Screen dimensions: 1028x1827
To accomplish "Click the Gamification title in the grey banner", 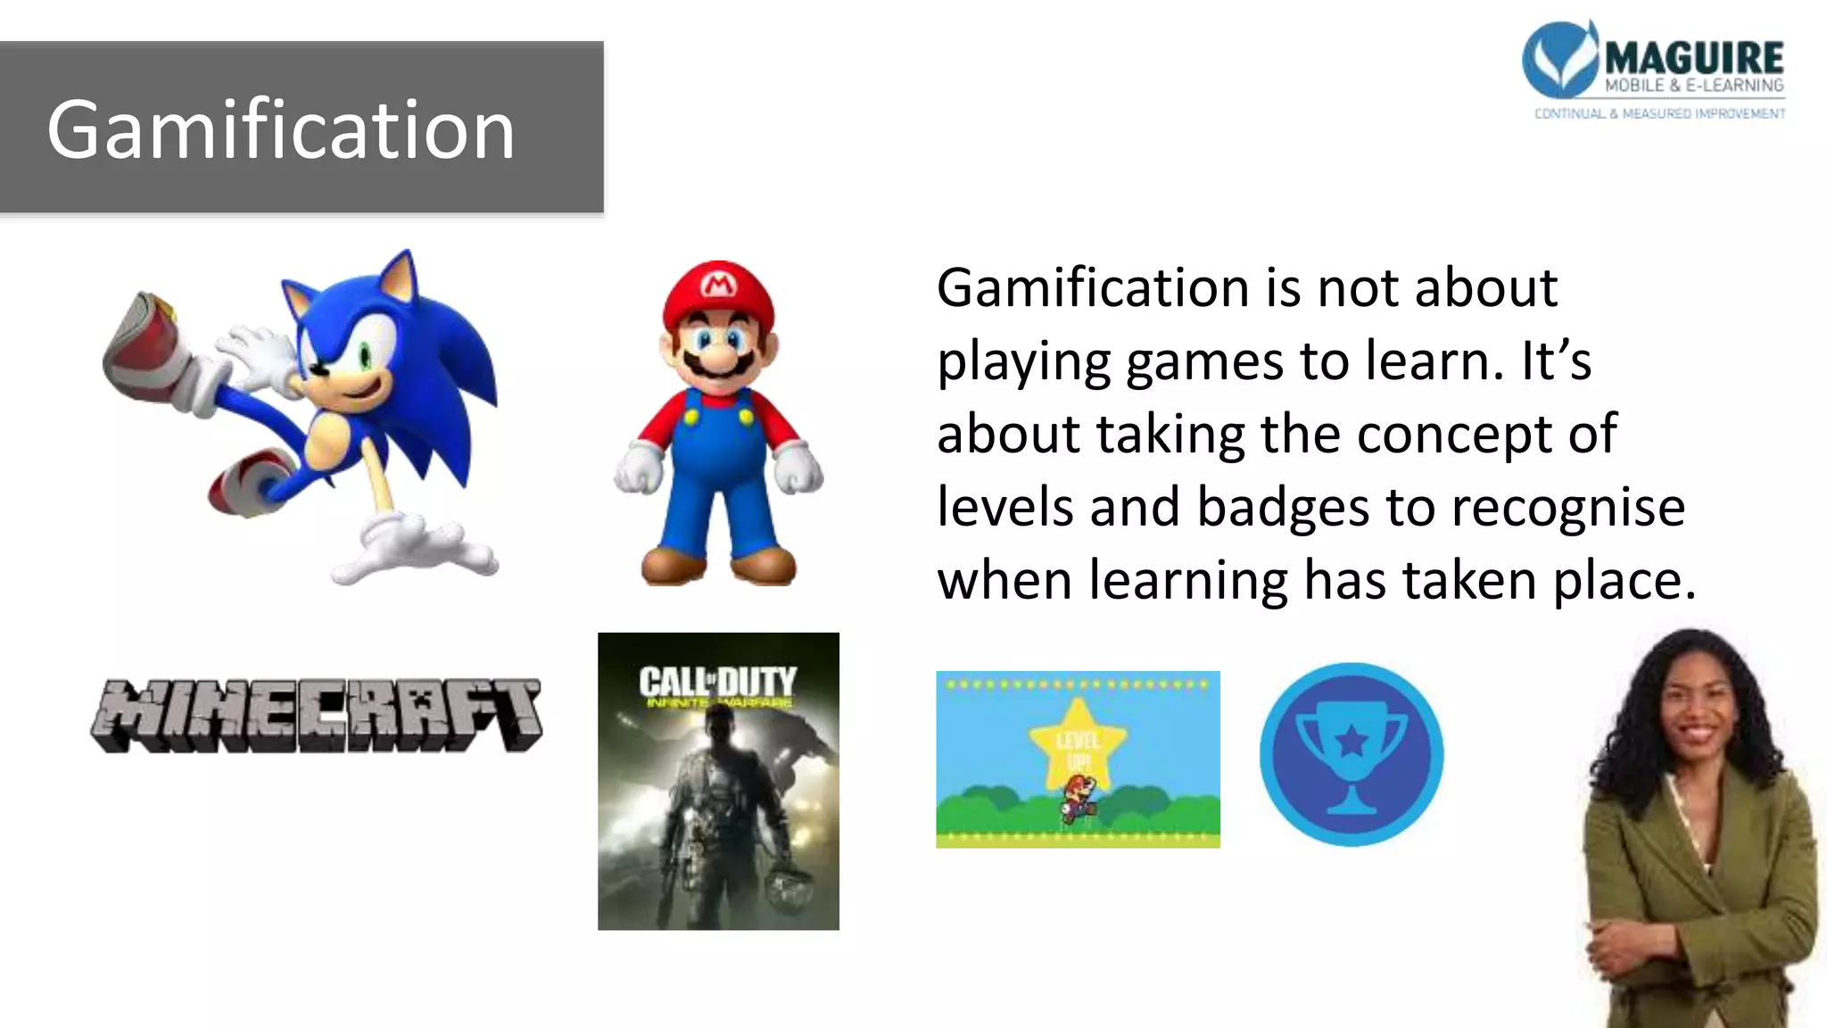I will pos(281,130).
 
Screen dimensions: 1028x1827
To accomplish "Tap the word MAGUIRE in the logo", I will pos(1693,59).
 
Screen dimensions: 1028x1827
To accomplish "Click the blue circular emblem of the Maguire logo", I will pos(1559,58).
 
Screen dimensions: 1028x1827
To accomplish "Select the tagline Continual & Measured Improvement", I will pos(1659,113).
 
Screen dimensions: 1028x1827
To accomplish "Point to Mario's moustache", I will pos(719,361).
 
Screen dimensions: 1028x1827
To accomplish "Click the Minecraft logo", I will pos(317,716).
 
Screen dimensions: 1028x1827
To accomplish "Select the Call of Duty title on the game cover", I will pos(717,684).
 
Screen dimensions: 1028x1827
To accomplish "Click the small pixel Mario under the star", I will pos(1079,798).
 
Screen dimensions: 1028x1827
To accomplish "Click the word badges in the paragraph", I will pos(1283,507).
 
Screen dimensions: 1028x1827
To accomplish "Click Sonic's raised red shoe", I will pos(143,344).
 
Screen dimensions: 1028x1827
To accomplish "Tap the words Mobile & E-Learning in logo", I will pos(1693,86).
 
